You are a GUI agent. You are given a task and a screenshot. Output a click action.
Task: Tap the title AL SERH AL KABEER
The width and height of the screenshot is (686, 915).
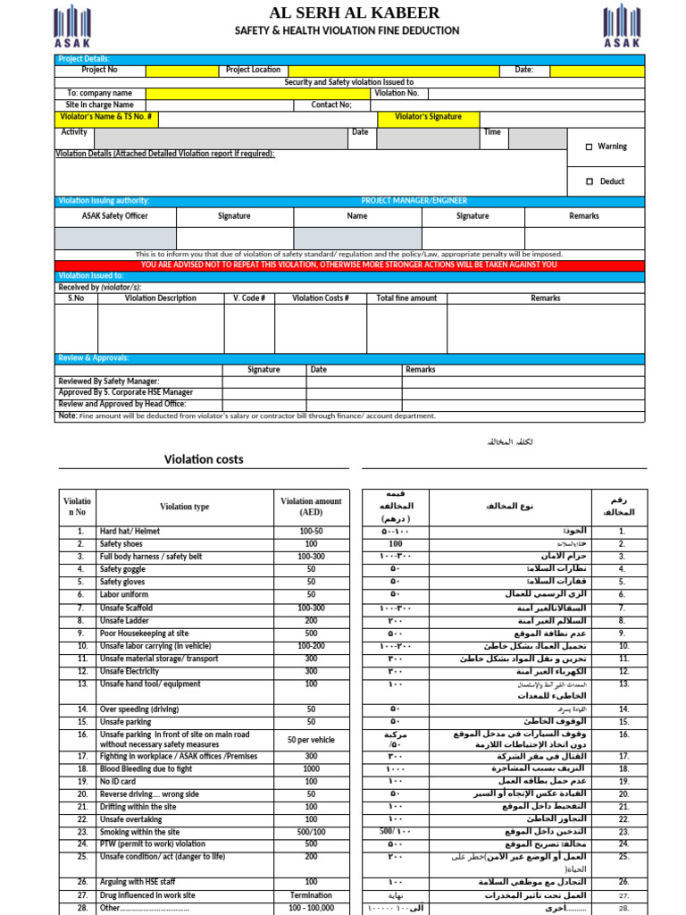(x=355, y=13)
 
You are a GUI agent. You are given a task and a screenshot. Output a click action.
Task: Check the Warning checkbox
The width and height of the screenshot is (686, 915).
(x=590, y=147)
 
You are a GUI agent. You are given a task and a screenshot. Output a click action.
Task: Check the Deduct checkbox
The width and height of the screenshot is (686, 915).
(x=590, y=181)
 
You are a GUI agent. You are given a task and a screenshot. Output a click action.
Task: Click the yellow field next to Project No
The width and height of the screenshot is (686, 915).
(x=181, y=70)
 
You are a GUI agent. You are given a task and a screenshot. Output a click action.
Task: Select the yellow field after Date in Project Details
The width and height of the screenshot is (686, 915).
(x=597, y=70)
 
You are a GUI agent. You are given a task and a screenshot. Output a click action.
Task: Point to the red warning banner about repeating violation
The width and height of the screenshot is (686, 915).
(x=348, y=265)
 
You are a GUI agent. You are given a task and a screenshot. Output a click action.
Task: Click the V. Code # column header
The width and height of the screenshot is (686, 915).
(x=249, y=298)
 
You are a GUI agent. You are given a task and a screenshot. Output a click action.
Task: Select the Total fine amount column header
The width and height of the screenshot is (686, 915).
(x=406, y=298)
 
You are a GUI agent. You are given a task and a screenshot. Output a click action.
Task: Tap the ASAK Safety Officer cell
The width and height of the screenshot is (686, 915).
(x=115, y=216)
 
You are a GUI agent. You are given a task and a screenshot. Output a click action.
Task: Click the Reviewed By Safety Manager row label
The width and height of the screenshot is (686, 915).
(x=110, y=382)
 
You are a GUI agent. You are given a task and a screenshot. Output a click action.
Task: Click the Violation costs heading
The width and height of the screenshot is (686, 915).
(x=204, y=459)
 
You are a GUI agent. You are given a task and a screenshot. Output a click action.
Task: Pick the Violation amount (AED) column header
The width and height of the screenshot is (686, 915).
(x=311, y=507)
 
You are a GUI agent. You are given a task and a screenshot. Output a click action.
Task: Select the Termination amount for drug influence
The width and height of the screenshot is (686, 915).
(x=311, y=895)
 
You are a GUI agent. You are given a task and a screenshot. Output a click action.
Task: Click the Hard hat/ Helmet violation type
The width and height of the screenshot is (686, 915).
(x=130, y=532)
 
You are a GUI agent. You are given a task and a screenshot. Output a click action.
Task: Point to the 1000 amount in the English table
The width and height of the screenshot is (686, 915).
(x=311, y=768)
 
